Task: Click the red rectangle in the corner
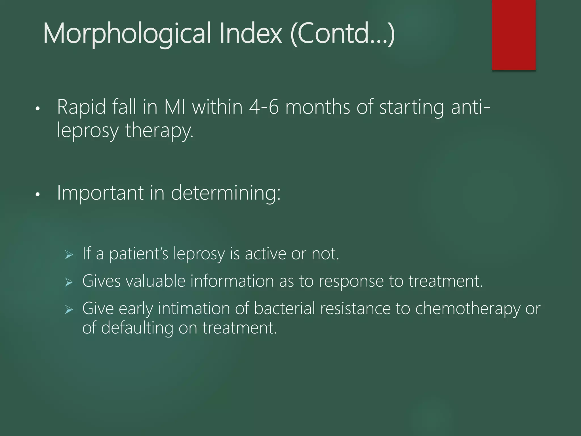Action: coord(513,35)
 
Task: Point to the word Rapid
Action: coord(82,107)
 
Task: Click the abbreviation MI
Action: coord(175,107)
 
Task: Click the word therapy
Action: coord(159,131)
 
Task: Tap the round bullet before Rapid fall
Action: coord(37,108)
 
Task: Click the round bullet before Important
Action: coord(37,194)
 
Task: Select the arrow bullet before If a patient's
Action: coord(69,255)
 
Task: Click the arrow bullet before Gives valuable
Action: coord(69,282)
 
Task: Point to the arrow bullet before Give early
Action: coord(69,309)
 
